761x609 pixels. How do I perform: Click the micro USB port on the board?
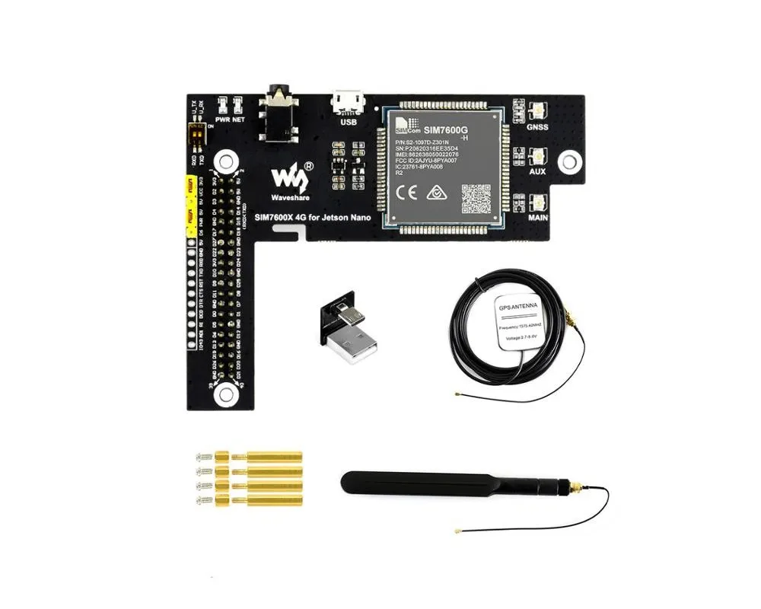click(x=349, y=101)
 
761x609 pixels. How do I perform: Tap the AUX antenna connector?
click(x=538, y=157)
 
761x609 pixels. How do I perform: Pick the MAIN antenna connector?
click(x=538, y=203)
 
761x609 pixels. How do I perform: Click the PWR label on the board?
click(x=223, y=120)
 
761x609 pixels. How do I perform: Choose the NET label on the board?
click(x=239, y=120)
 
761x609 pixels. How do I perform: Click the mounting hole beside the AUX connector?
click(x=566, y=161)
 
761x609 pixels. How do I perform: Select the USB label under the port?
click(x=349, y=122)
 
